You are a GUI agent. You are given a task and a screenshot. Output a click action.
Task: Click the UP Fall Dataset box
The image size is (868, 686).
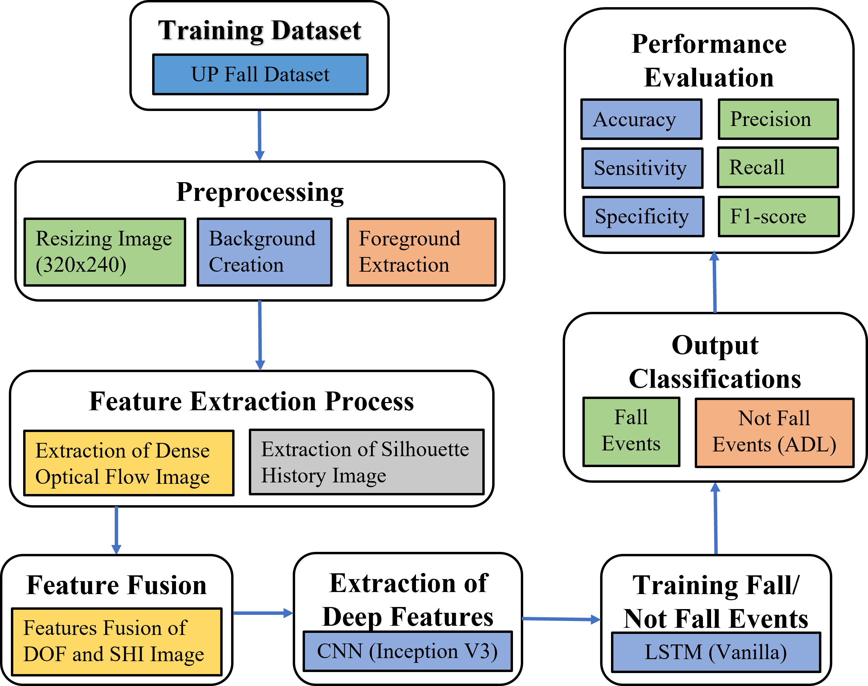click(260, 74)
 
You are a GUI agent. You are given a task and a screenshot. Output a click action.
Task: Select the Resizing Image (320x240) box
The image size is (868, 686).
click(105, 252)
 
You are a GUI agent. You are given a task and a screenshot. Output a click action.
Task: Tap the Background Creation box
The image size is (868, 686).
click(264, 252)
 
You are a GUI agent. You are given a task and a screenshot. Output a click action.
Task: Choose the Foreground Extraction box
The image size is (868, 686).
click(421, 252)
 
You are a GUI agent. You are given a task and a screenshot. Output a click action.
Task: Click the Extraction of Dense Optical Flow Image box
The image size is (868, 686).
click(129, 463)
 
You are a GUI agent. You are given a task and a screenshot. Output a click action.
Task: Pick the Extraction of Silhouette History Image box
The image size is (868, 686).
click(367, 462)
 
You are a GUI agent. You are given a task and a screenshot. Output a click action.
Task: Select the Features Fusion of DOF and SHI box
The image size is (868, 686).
click(116, 641)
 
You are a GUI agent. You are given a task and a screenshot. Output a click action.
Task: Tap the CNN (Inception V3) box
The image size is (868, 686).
click(407, 651)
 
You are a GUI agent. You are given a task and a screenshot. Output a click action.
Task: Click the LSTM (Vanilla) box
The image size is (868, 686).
click(716, 652)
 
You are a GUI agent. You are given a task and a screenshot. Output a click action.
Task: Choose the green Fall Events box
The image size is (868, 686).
click(631, 431)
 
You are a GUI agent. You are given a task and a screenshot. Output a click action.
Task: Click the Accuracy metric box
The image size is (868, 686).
click(641, 119)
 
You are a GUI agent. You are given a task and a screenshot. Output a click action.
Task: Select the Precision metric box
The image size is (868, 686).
click(778, 119)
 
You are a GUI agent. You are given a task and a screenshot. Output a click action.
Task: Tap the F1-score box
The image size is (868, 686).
click(778, 216)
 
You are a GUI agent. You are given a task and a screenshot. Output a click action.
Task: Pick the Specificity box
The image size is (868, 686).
click(643, 216)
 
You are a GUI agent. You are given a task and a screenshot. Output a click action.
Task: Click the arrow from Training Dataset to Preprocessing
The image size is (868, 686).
click(259, 135)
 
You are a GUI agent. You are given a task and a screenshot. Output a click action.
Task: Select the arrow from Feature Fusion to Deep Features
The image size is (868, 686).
click(263, 613)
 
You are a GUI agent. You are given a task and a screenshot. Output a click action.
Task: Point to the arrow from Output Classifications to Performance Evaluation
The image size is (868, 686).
click(714, 282)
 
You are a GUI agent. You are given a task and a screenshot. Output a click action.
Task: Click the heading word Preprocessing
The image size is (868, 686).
click(260, 193)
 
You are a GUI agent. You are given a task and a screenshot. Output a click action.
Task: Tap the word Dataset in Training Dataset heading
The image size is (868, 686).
click(316, 31)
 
